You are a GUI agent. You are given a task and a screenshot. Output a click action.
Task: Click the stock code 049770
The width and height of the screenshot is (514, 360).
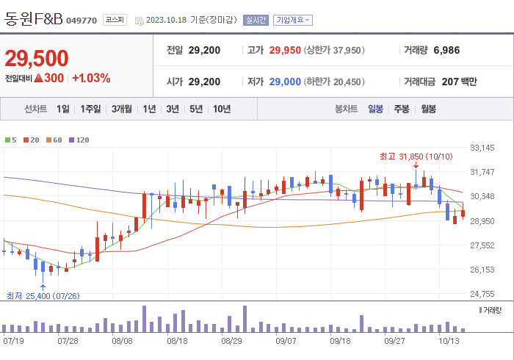coord(82,21)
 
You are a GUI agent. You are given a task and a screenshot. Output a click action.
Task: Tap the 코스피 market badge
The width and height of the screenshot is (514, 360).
coord(114,20)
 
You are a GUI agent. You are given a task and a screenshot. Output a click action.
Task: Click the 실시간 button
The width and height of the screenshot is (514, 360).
coord(256,21)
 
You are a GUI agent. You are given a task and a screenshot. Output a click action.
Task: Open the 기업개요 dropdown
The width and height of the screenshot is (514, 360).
coord(292,21)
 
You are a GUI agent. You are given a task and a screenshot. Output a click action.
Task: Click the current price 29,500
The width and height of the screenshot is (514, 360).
coord(37,58)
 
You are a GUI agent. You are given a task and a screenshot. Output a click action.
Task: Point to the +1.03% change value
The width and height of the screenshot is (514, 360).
coord(91,78)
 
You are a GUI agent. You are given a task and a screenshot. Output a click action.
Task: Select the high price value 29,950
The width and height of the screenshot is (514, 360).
coord(285,51)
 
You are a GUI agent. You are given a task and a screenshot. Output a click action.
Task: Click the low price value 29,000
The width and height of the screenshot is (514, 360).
coord(285,82)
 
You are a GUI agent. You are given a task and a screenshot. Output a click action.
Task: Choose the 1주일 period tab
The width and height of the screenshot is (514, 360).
coord(91,109)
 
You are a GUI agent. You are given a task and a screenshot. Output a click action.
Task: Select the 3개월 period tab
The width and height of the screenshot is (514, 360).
coord(122,109)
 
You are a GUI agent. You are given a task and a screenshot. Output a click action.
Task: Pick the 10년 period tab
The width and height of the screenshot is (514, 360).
coord(221,109)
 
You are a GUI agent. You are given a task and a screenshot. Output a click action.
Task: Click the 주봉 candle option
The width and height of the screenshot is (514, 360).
coord(401,109)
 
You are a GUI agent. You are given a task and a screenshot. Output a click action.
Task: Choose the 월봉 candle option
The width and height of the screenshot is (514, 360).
coord(428,109)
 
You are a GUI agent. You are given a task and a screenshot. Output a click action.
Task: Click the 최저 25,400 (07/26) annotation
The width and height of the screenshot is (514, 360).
coord(43,296)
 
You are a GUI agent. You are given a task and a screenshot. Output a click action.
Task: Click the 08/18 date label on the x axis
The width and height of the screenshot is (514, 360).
coord(178,341)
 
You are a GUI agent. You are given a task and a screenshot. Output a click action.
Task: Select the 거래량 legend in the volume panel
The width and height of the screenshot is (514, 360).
coord(491,310)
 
